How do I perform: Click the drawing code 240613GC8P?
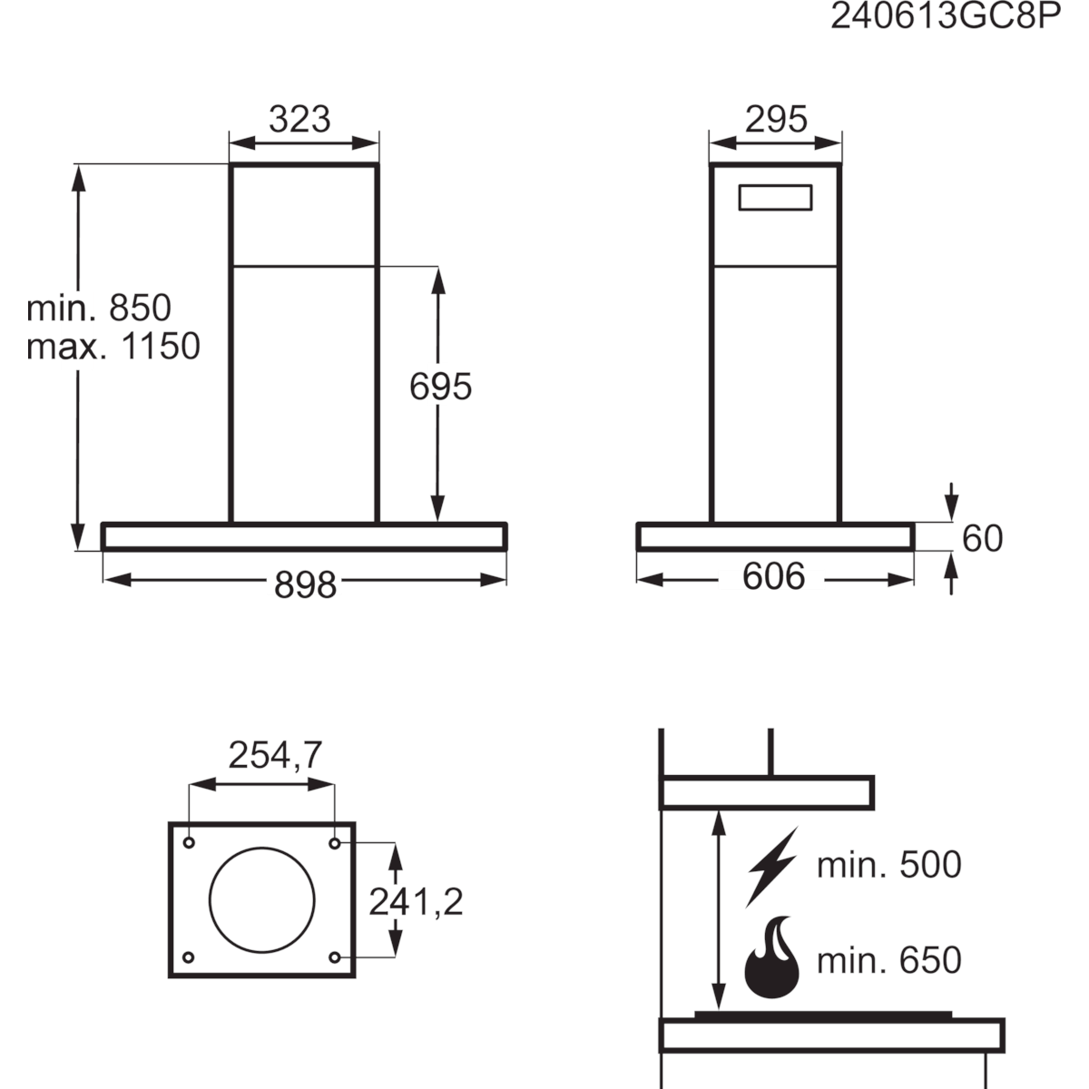pos(946,18)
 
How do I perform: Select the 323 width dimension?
pos(299,119)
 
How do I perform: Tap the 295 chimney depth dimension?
pos(776,119)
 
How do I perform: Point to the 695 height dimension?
pos(440,388)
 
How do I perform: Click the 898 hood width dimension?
pos(305,585)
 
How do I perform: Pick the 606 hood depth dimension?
pos(773,577)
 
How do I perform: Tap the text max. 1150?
pos(113,347)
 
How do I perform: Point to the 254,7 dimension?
pos(275,756)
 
